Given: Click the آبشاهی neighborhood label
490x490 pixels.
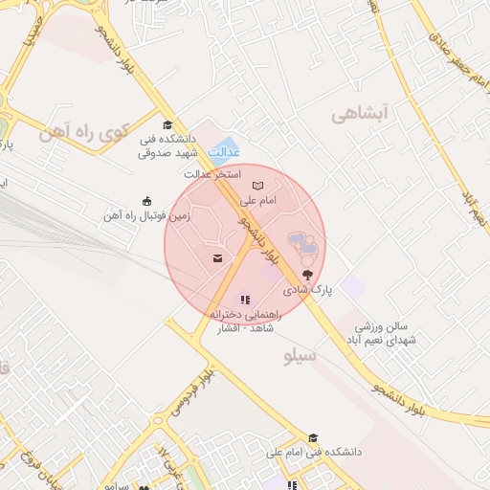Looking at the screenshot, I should [x=363, y=115].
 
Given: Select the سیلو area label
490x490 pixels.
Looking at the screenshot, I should [x=301, y=356].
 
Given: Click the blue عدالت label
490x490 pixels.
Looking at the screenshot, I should [x=223, y=151].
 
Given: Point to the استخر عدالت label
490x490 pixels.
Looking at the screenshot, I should [x=212, y=175].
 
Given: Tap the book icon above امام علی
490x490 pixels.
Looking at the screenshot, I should [x=256, y=186].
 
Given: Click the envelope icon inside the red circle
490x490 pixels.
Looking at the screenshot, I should [x=217, y=258].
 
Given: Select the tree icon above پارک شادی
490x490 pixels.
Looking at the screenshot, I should [x=306, y=274].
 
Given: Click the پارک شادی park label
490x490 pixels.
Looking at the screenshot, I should [x=306, y=288].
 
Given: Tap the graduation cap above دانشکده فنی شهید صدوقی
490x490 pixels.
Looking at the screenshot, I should [x=167, y=125].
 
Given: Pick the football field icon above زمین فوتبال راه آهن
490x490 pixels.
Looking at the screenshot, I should [x=146, y=201].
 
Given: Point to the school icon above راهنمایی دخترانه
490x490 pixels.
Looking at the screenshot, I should [x=245, y=300].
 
